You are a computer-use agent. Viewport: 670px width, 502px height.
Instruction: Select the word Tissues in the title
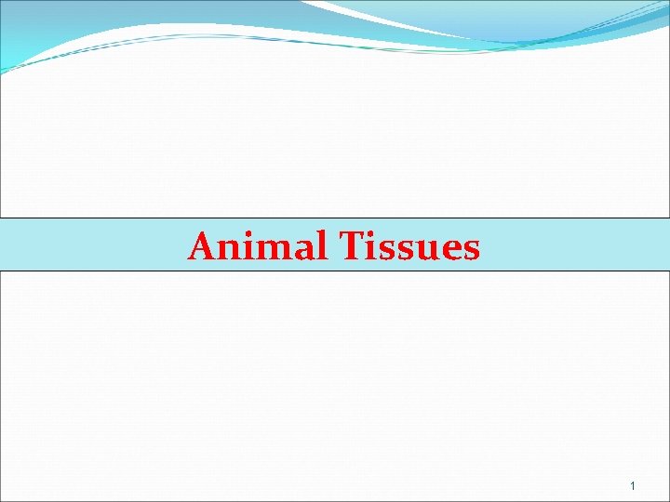409,246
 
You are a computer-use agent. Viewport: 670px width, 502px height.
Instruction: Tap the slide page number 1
632,486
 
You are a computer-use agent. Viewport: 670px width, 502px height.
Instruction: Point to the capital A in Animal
203,246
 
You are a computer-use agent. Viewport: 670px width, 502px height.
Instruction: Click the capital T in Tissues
351,246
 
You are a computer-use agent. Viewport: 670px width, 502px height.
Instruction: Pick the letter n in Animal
231,249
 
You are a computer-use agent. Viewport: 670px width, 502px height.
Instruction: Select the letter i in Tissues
372,247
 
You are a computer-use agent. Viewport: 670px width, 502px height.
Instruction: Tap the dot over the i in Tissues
372,234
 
